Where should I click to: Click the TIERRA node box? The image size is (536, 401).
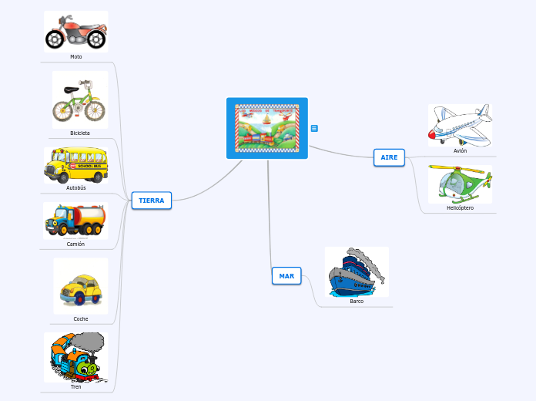click(x=152, y=200)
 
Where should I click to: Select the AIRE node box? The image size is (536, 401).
click(x=389, y=157)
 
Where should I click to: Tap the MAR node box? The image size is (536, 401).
click(x=286, y=276)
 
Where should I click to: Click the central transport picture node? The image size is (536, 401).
click(x=267, y=128)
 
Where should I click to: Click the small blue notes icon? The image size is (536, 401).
click(x=314, y=128)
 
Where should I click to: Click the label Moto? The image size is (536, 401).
click(x=75, y=56)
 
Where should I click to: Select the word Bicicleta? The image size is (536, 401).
click(x=80, y=133)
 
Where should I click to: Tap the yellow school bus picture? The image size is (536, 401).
click(x=75, y=164)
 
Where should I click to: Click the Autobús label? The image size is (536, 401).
click(x=76, y=187)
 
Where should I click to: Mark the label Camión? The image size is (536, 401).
click(x=75, y=244)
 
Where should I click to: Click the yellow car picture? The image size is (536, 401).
click(x=80, y=287)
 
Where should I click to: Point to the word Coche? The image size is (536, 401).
click(x=81, y=318)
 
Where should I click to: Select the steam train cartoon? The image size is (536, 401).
click(x=76, y=357)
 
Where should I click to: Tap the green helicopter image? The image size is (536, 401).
click(x=460, y=184)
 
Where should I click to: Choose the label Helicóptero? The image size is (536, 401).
click(x=460, y=207)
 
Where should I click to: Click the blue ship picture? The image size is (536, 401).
click(x=356, y=272)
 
